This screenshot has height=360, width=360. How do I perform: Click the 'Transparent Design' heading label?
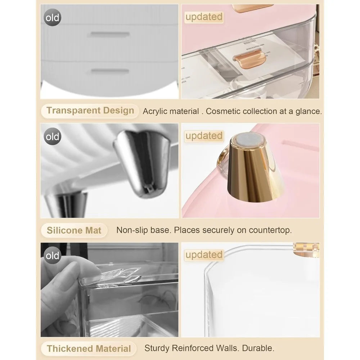click(x=90, y=111)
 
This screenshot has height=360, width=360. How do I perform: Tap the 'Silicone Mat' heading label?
click(x=74, y=230)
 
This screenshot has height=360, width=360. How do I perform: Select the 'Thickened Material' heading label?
click(x=89, y=348)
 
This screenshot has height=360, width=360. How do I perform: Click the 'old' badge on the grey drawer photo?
click(x=52, y=17)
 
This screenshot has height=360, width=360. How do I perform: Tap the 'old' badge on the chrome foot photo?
click(x=52, y=136)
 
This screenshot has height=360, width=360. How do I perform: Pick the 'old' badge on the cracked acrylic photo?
click(x=52, y=255)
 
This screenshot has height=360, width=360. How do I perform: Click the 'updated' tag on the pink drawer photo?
click(x=204, y=17)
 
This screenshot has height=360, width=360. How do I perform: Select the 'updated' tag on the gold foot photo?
click(x=204, y=136)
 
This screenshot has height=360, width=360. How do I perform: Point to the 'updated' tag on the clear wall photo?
click(x=204, y=255)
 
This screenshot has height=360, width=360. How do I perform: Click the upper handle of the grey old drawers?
click(x=110, y=35)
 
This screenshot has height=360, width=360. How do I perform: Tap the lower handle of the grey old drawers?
click(x=110, y=71)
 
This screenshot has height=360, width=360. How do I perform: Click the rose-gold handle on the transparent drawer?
click(x=249, y=59)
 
